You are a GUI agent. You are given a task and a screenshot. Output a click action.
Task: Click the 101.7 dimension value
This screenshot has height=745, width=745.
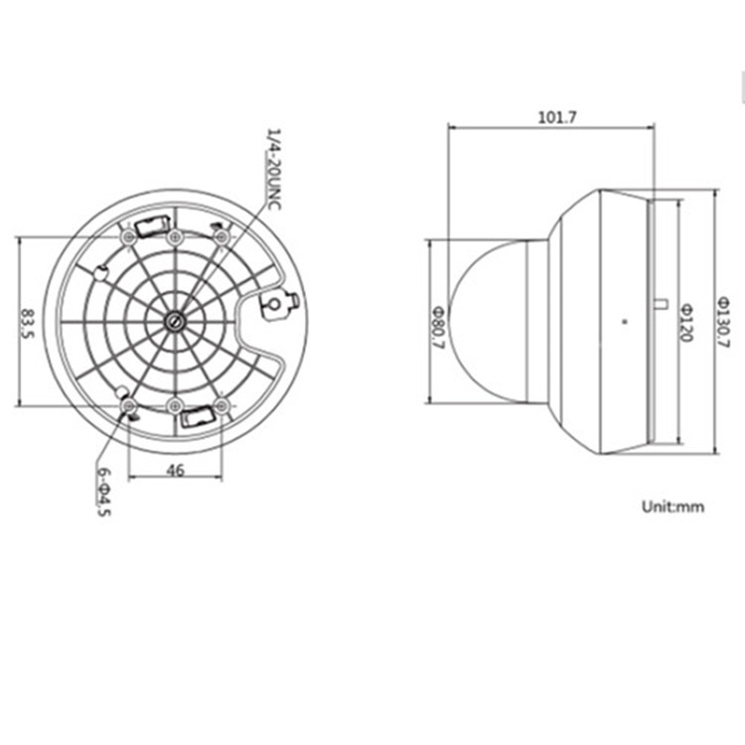[557, 117]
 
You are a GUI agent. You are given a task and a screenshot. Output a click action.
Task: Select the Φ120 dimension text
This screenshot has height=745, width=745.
[684, 322]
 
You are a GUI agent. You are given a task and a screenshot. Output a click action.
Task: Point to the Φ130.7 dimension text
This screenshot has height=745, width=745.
[723, 322]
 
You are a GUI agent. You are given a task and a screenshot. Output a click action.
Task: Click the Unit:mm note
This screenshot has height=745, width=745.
[672, 507]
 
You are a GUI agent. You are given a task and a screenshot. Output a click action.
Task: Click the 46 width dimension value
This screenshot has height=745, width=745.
[175, 472]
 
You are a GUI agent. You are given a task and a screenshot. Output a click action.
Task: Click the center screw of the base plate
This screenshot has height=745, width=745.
[175, 321]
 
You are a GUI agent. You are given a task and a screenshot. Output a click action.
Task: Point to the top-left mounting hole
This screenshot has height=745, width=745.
[128, 238]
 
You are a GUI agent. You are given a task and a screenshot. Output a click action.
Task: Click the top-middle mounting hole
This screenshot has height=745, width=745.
[175, 237]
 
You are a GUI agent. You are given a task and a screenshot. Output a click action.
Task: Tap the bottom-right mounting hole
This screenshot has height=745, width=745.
[222, 405]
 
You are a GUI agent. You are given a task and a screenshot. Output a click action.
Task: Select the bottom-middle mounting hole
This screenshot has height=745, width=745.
[175, 405]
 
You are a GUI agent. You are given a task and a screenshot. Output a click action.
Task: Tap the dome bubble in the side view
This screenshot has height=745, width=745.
[487, 321]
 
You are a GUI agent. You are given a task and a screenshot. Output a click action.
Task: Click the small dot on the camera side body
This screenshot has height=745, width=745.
[624, 321]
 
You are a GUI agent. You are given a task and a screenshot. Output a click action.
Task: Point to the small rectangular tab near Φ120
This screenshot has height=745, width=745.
[661, 303]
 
